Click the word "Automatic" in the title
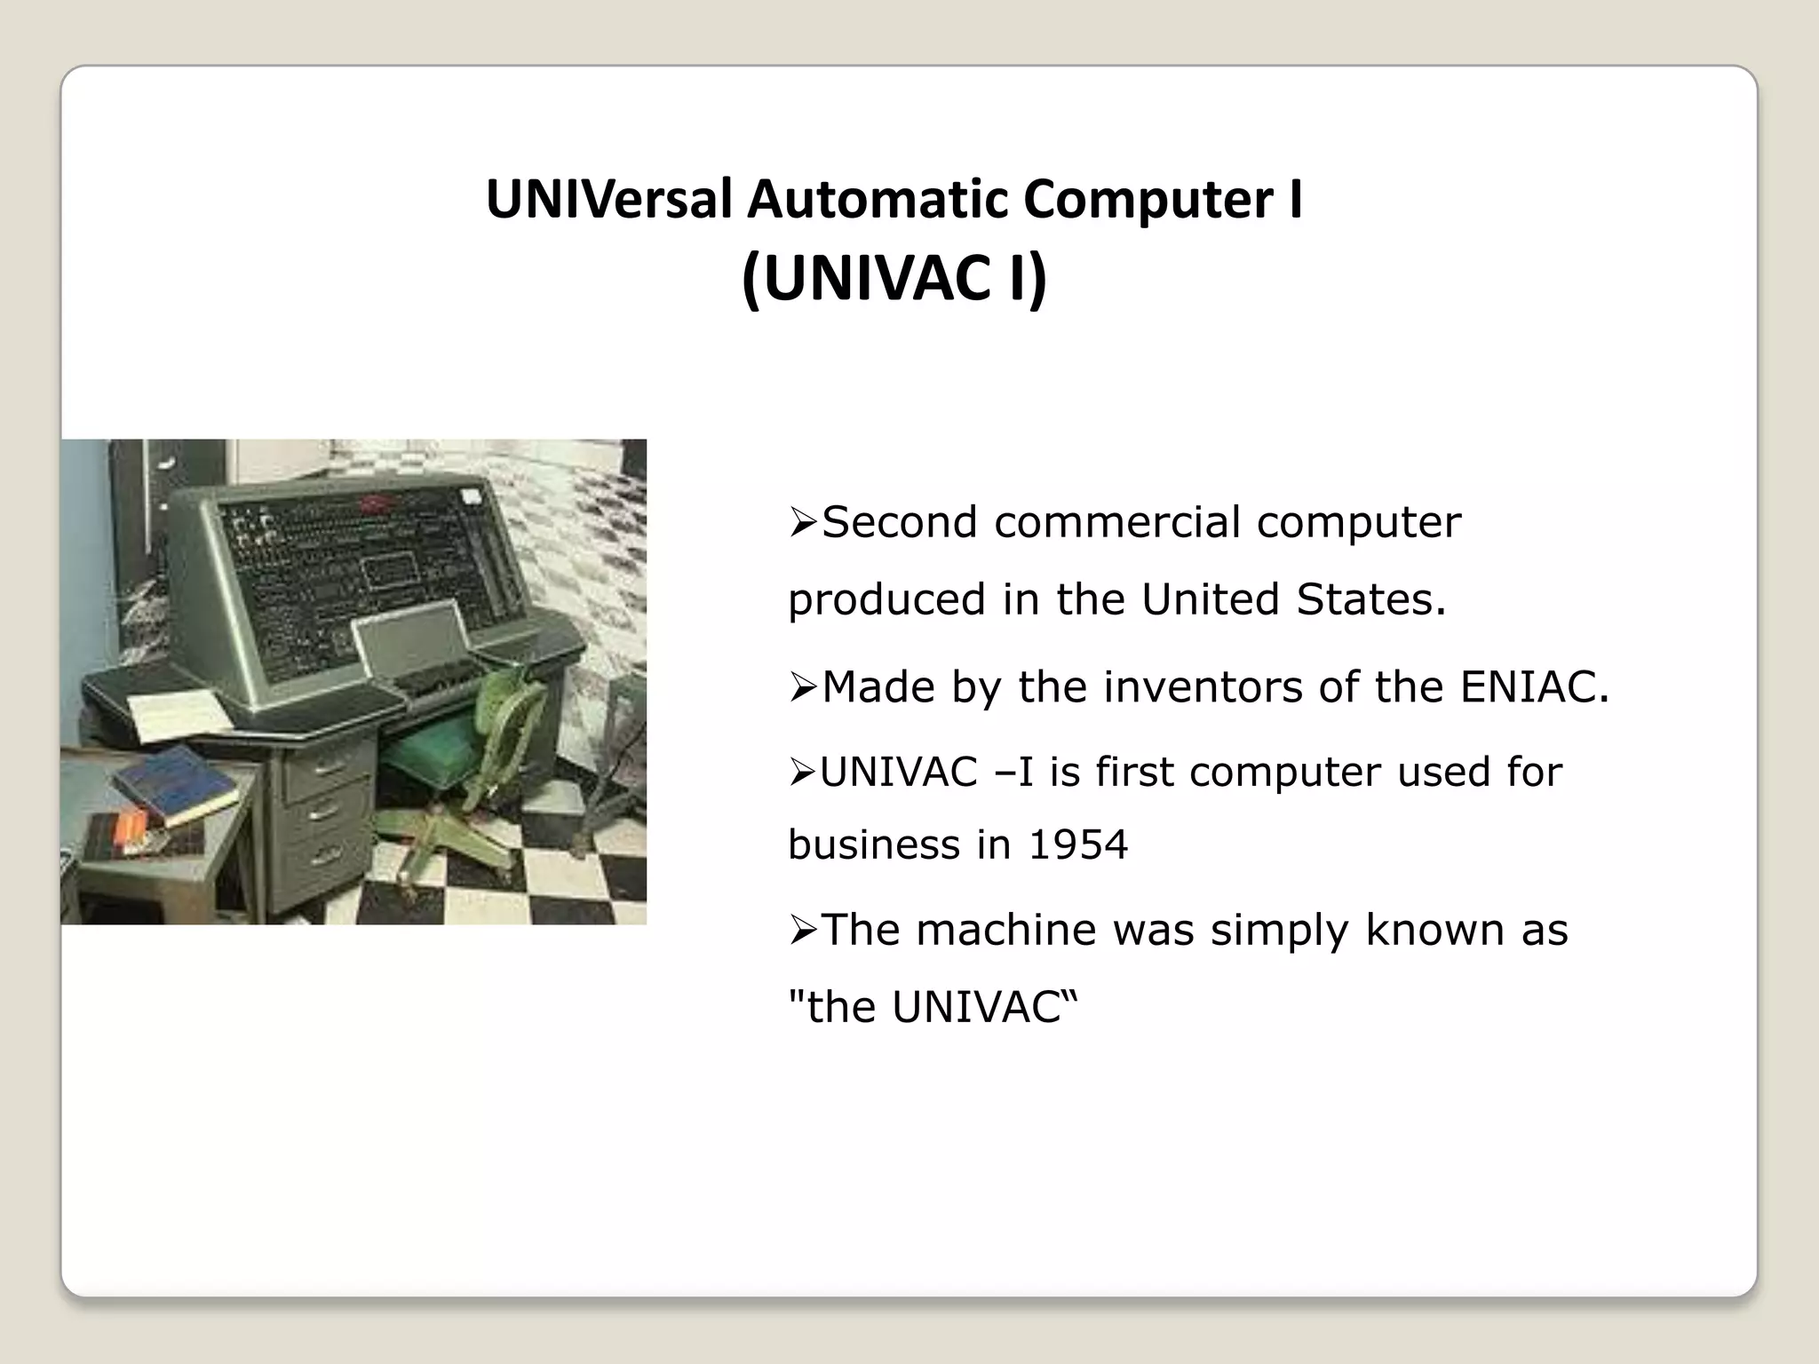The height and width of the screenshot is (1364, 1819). (x=878, y=199)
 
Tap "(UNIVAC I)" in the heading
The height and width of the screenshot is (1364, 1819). (x=894, y=279)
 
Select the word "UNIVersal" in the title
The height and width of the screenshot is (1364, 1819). (x=609, y=199)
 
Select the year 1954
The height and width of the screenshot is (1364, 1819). (x=1077, y=845)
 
